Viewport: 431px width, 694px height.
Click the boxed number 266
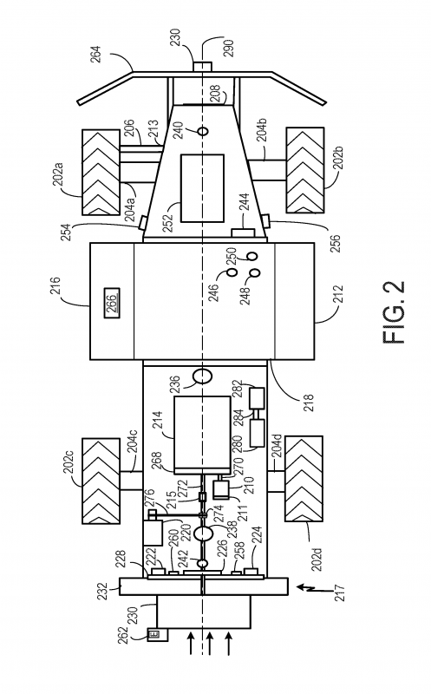(112, 302)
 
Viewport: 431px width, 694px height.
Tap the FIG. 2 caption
(393, 311)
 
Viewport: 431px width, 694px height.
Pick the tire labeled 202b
(305, 170)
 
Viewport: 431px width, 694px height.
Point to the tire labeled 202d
(305, 479)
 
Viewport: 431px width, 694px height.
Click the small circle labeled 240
(203, 132)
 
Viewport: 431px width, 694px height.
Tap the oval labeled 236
(203, 376)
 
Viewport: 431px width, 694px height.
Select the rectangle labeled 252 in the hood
(202, 188)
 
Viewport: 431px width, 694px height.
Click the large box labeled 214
(202, 434)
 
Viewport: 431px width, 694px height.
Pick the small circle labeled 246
(232, 272)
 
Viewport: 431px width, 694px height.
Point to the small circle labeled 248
(255, 272)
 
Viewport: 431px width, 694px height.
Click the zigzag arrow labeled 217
(307, 588)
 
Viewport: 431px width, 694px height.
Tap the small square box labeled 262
(154, 635)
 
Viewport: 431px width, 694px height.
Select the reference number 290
(229, 49)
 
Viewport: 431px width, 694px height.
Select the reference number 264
(97, 55)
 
